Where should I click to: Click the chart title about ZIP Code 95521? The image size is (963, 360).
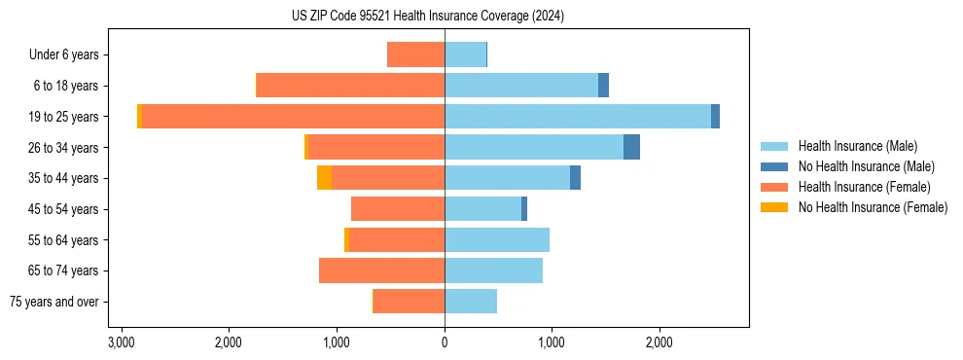pos(427,16)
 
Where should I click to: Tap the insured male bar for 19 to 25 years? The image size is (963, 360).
pos(578,116)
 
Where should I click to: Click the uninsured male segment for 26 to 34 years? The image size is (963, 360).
pos(631,147)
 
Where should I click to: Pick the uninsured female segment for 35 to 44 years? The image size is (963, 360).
pos(324,178)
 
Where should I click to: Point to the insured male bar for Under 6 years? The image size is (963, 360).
pos(465,54)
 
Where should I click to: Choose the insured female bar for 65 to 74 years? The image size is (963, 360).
pos(381,270)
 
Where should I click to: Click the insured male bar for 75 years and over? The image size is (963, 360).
pos(471,302)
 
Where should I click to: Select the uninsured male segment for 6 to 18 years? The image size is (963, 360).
pos(603,86)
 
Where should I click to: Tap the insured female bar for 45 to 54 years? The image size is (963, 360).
pos(398,209)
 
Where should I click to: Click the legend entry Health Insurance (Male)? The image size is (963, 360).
pos(857,146)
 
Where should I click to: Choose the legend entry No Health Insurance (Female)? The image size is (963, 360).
pos(873,207)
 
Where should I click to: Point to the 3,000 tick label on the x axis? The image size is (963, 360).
pos(122,342)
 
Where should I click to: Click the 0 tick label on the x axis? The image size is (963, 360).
pos(445,342)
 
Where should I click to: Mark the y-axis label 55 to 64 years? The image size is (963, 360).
pos(64,240)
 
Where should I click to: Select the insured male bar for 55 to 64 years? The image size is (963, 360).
pos(497,239)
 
